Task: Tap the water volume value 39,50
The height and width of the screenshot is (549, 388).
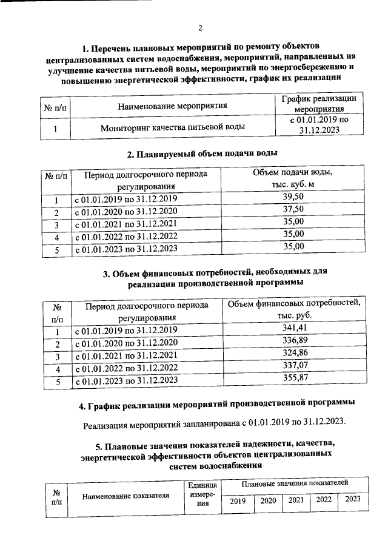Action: point(293,197)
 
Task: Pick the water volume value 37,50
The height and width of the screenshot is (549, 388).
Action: point(293,210)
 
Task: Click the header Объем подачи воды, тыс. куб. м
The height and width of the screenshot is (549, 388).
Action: point(293,178)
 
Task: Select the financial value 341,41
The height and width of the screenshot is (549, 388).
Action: point(293,328)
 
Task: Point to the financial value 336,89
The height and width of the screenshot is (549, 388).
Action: point(293,341)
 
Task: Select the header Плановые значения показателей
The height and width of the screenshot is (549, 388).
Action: point(294,483)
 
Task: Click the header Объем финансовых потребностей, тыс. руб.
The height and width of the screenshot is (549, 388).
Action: point(293,309)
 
